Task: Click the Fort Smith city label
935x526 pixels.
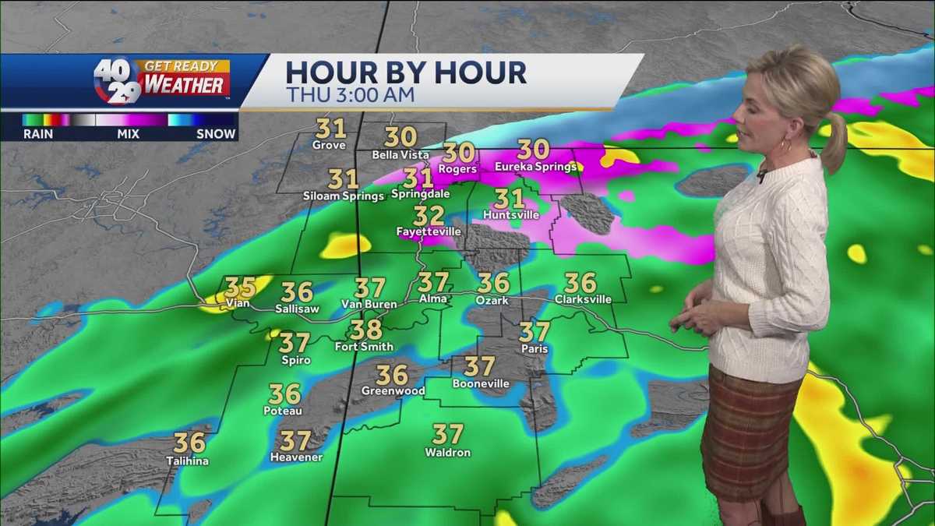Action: pos(364,346)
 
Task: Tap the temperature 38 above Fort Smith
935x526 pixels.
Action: pos(365,329)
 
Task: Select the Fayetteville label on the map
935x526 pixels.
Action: pos(429,231)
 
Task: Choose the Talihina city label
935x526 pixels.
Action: pos(187,461)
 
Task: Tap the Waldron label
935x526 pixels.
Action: pos(447,452)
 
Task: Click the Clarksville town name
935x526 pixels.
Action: pos(583,298)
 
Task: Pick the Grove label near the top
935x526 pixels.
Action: pos(329,145)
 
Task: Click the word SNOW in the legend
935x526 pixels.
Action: pos(216,134)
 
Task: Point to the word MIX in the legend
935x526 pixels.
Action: pos(127,134)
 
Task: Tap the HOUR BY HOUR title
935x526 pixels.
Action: pos(405,72)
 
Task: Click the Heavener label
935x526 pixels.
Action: pos(296,457)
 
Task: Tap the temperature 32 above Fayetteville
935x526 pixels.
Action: pos(429,215)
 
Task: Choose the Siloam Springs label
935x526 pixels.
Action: pos(344,196)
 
